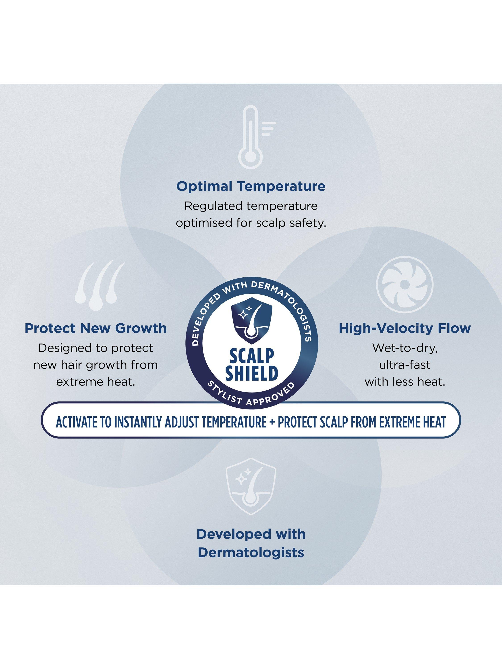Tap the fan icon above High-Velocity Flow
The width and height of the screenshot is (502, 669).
[x=405, y=285]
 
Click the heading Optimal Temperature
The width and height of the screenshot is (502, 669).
[x=251, y=186]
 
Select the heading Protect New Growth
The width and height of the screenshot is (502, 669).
[x=96, y=328]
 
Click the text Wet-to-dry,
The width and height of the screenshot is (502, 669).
[x=405, y=348]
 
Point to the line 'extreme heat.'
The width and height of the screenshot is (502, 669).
[x=96, y=382]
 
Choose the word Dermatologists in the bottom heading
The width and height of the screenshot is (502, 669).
[x=251, y=553]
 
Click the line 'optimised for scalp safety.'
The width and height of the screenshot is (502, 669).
[x=251, y=223]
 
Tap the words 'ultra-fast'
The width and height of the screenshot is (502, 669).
[x=405, y=365]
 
